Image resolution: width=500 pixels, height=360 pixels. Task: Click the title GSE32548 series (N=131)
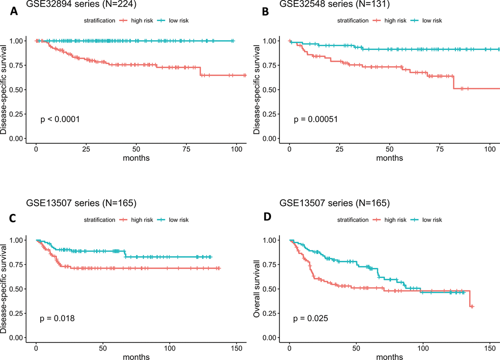[334, 4]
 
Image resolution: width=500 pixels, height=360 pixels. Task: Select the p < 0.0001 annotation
[60, 119]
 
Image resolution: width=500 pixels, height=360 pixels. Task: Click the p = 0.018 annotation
[57, 319]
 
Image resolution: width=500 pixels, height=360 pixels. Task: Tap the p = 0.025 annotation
[311, 319]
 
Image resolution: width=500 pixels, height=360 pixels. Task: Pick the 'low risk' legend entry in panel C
[177, 220]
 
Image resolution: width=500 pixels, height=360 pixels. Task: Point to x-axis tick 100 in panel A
[236, 149]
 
